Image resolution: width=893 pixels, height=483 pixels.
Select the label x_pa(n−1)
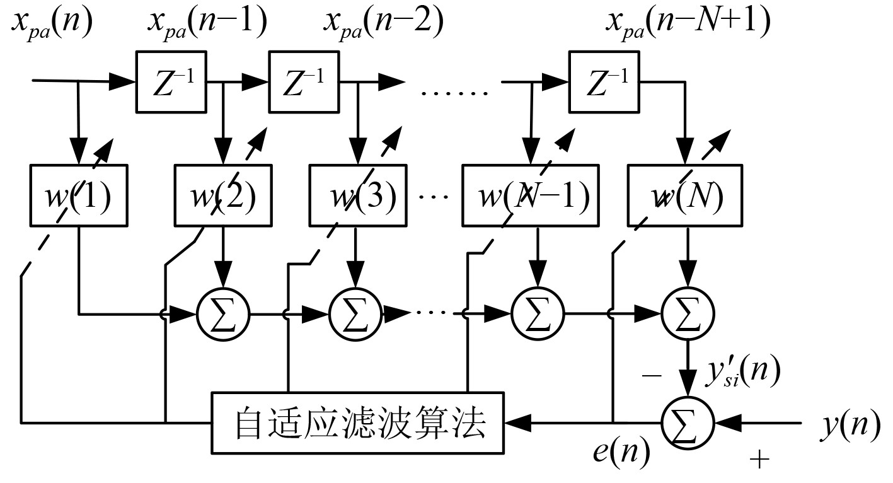point(207,23)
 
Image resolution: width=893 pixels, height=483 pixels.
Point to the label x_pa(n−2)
point(383,23)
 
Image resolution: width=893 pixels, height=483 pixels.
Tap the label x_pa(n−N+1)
point(688,23)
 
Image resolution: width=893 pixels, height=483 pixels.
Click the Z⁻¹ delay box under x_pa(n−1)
point(171,81)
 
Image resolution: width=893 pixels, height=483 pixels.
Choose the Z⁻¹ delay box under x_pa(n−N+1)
point(604,81)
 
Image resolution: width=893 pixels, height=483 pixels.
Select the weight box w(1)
point(79,196)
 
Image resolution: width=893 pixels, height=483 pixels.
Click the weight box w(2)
point(223,196)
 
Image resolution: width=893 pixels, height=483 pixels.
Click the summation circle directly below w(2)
point(223,312)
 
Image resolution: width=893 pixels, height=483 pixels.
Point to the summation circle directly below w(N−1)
point(538,312)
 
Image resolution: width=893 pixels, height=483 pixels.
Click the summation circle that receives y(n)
point(688,422)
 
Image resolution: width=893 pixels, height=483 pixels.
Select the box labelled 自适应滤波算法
point(359,423)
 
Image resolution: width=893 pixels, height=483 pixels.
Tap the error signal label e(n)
point(621,453)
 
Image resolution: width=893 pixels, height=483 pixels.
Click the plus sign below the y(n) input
point(760,460)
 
